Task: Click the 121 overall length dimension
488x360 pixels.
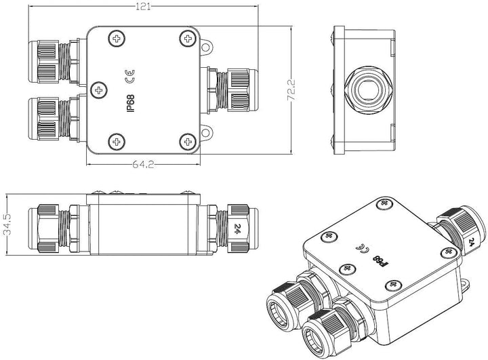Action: point(144,7)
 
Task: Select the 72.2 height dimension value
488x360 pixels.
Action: point(291,90)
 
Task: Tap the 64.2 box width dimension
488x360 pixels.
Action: point(143,164)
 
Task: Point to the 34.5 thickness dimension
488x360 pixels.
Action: point(7,224)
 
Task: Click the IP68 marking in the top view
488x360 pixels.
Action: point(130,104)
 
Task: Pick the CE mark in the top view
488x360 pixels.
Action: point(129,77)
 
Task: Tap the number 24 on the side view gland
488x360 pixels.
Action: point(238,228)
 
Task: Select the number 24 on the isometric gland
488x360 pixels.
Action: point(471,242)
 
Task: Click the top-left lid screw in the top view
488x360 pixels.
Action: point(117,39)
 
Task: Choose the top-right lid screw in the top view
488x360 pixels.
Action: point(188,38)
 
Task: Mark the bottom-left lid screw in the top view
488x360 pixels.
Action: point(117,142)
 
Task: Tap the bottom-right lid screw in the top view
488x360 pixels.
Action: point(188,142)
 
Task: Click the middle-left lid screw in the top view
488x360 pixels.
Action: point(99,90)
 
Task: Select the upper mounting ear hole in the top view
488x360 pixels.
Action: point(205,47)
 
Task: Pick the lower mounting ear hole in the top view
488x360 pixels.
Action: point(205,133)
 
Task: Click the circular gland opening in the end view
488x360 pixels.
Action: point(368,90)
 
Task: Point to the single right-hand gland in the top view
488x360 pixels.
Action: point(229,90)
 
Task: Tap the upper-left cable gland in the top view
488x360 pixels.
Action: point(54,61)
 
